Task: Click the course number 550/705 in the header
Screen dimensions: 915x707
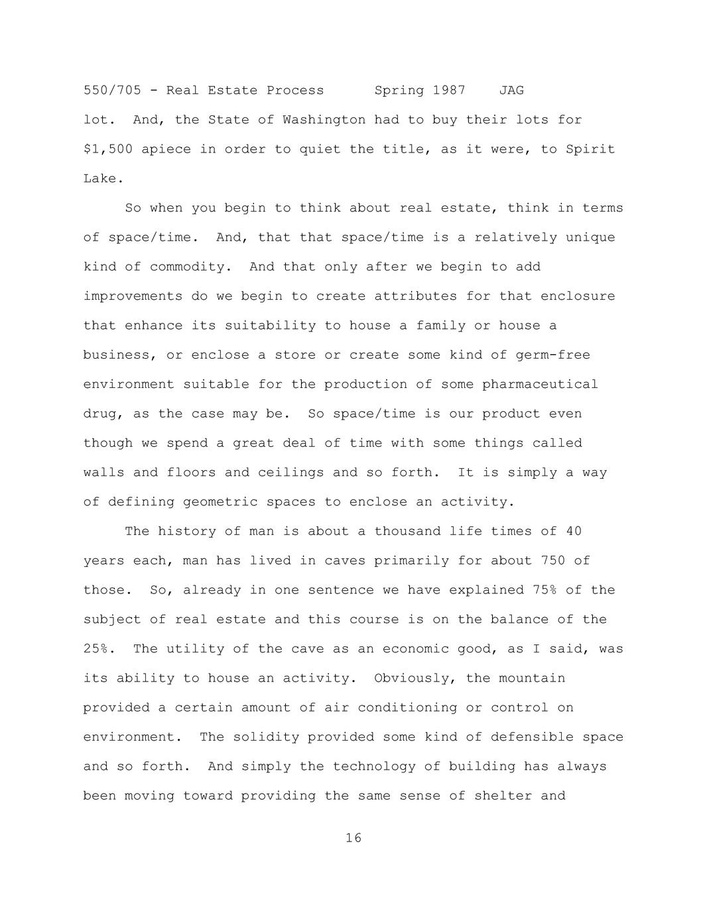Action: coord(112,90)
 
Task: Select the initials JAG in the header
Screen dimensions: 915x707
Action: coord(511,90)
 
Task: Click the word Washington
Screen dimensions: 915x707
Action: coord(324,120)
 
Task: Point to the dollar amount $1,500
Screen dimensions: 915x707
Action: coord(108,149)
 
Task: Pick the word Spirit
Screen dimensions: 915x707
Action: coord(590,149)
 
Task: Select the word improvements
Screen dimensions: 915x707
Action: coord(133,296)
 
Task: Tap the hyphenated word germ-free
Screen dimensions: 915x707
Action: coord(553,355)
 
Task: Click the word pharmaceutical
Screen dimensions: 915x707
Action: coord(540,384)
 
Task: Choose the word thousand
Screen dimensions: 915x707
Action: coord(407,531)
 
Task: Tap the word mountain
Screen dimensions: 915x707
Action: coord(532,678)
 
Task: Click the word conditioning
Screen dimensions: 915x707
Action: coord(407,707)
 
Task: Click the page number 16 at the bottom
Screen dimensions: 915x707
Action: coord(353,838)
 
